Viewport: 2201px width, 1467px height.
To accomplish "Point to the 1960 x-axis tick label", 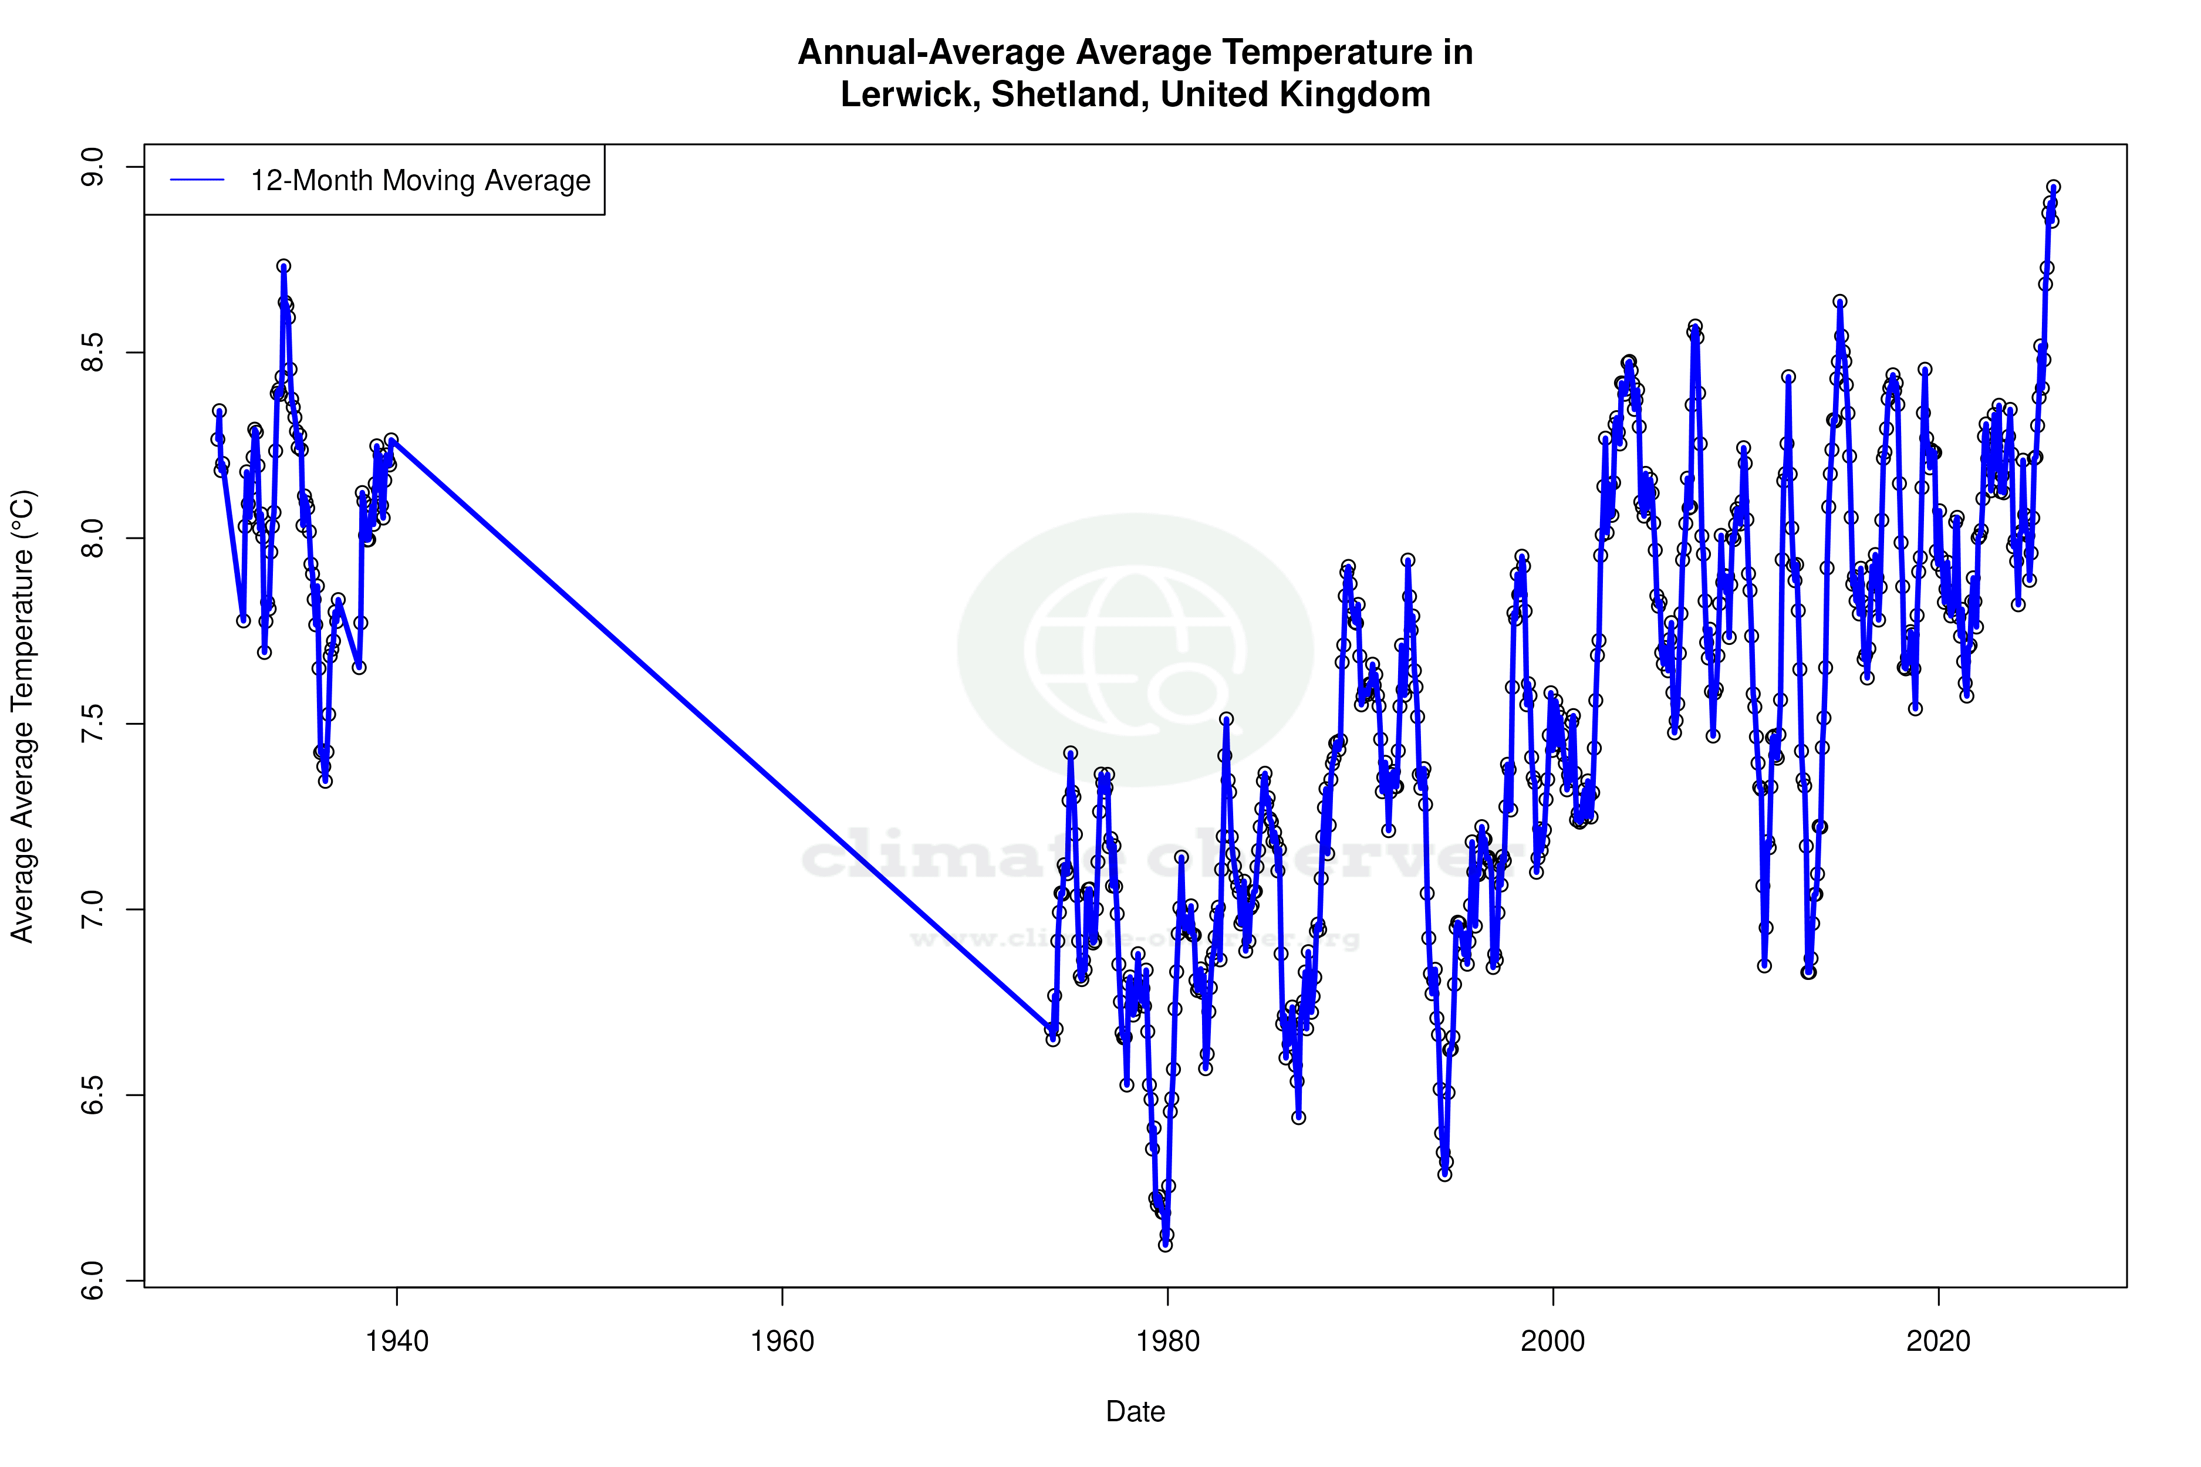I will click(782, 1341).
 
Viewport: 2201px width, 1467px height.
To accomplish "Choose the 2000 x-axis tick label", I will click(1552, 1341).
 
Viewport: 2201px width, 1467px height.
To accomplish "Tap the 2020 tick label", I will click(1938, 1341).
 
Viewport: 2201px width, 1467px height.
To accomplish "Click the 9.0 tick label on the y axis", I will click(93, 167).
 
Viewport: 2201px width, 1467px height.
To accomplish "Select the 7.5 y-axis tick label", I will click(93, 724).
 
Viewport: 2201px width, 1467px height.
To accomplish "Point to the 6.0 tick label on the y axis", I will click(93, 1281).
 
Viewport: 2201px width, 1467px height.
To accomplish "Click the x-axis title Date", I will click(1135, 1412).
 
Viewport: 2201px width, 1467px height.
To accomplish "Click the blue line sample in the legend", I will click(197, 181).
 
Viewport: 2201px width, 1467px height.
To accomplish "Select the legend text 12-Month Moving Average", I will click(420, 181).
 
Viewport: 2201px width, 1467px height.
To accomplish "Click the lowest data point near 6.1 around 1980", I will click(1165, 1245).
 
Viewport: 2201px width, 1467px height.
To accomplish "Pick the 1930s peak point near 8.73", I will click(283, 266).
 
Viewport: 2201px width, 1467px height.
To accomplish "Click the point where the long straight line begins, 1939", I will click(391, 440).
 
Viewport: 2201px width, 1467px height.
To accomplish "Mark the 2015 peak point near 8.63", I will click(1840, 301).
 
